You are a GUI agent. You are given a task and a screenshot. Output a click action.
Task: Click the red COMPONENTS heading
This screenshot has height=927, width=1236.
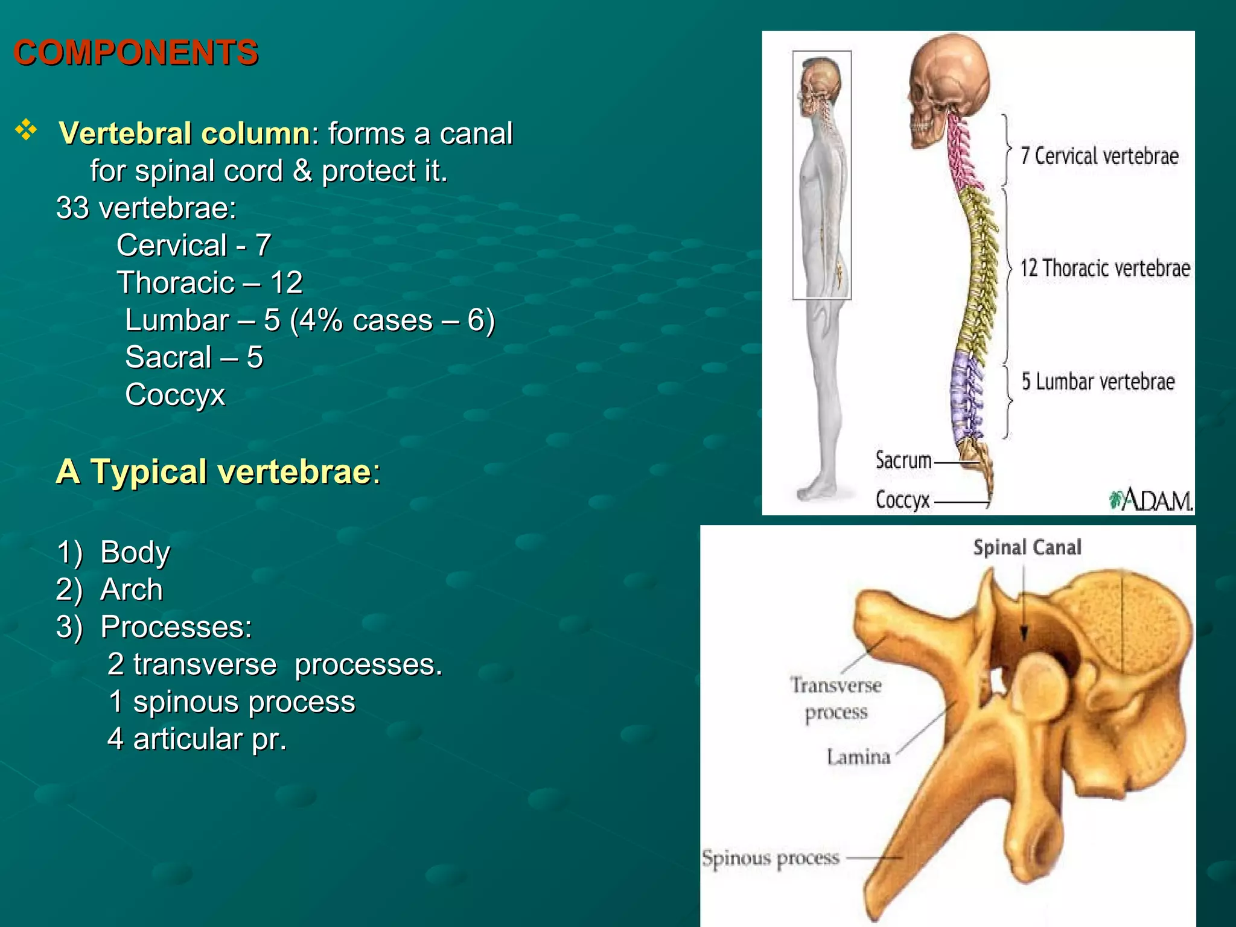click(136, 53)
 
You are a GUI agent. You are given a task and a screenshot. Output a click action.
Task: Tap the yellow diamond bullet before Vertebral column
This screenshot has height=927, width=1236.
click(26, 130)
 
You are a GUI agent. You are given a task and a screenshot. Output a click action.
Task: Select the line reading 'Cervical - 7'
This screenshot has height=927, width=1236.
click(193, 245)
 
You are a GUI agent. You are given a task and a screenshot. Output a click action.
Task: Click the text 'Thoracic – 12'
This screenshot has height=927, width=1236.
click(209, 282)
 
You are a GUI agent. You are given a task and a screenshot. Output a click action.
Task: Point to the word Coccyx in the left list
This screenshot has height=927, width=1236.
click(175, 395)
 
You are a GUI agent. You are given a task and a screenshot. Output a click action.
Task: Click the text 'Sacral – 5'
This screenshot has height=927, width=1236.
click(194, 357)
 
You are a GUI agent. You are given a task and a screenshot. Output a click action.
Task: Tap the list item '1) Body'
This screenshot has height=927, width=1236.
click(113, 552)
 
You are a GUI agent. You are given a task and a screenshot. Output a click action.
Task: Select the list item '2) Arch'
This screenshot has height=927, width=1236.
click(109, 590)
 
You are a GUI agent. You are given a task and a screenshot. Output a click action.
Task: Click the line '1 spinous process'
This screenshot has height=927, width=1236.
click(232, 702)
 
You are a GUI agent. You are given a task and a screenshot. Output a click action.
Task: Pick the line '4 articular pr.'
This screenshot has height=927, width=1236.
click(197, 739)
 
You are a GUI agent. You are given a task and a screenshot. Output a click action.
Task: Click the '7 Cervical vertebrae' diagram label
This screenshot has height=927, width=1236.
click(1099, 156)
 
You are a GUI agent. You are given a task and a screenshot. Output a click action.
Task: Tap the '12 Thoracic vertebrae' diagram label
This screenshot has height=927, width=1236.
click(1104, 268)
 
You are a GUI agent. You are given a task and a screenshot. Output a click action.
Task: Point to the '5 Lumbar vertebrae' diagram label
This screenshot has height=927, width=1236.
click(1098, 381)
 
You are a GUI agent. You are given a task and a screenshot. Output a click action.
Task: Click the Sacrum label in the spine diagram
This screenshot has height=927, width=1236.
click(903, 460)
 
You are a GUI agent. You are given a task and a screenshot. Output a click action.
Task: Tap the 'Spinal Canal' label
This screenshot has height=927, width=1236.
click(1027, 547)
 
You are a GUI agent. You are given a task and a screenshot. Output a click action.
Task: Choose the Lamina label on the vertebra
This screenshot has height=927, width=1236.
click(858, 757)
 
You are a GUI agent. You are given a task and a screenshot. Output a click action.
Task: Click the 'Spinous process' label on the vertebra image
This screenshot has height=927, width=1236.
click(771, 858)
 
